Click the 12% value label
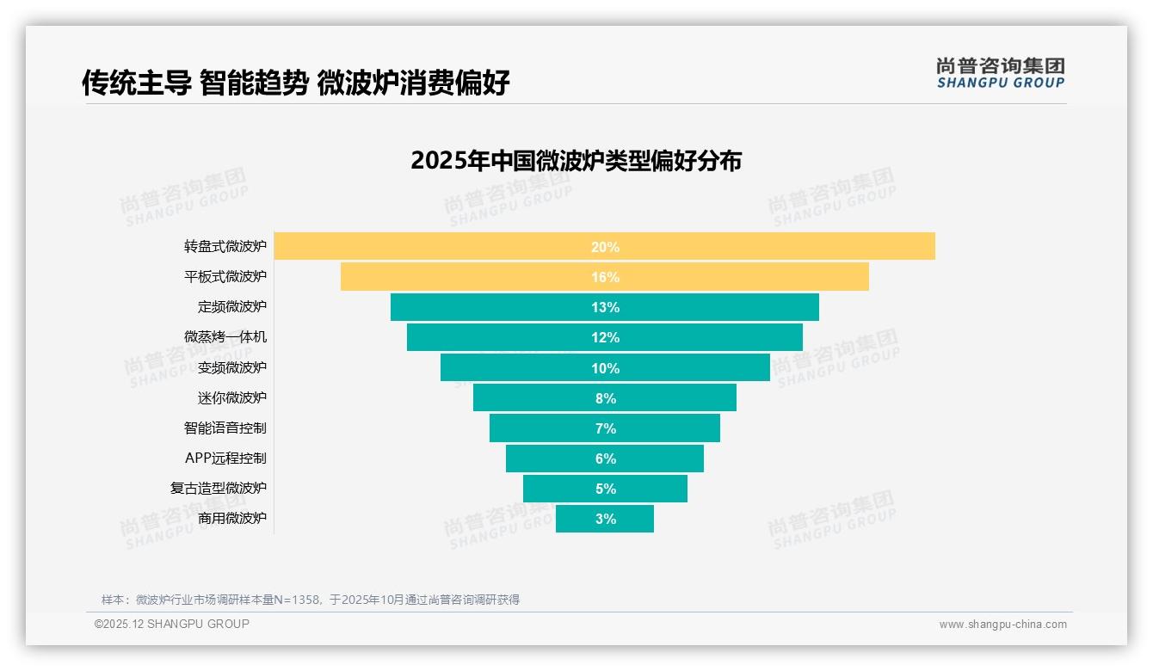(605, 338)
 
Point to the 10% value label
(605, 368)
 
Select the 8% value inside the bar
(605, 398)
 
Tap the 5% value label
(605, 489)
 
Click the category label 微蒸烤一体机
(225, 337)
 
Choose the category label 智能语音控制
(225, 428)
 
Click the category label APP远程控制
(225, 458)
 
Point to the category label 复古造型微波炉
(219, 488)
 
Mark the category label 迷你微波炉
(232, 397)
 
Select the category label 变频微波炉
(232, 367)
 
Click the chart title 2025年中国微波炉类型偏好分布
(576, 161)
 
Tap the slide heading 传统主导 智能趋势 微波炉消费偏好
(296, 83)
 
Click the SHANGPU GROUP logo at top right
(1000, 73)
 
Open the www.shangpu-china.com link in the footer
(1002, 625)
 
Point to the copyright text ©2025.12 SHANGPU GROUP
(172, 624)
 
